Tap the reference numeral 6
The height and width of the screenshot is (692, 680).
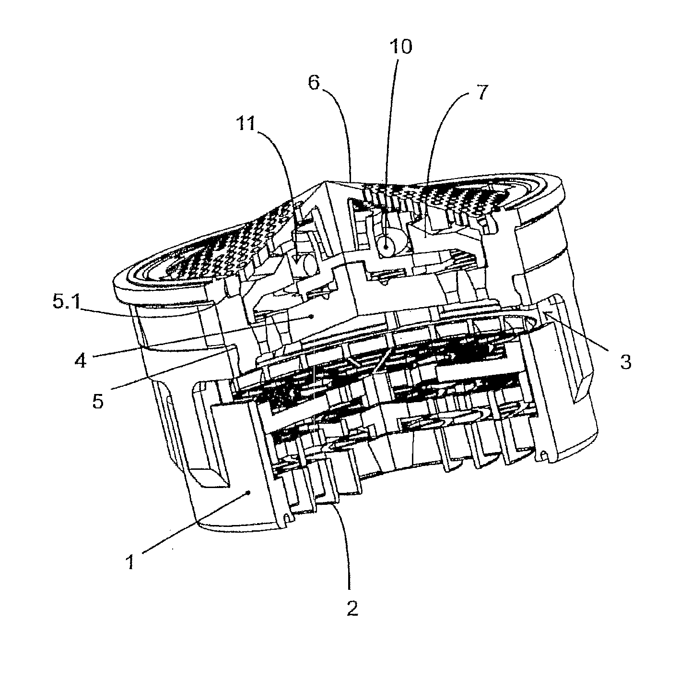(314, 84)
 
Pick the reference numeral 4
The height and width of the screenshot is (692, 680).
(81, 360)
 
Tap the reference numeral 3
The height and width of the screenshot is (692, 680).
(625, 362)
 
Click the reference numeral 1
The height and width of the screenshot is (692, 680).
(130, 561)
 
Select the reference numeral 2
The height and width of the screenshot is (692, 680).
(352, 608)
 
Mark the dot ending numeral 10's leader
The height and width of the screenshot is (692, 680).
(385, 247)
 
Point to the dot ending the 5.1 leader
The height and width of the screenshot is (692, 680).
(312, 317)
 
